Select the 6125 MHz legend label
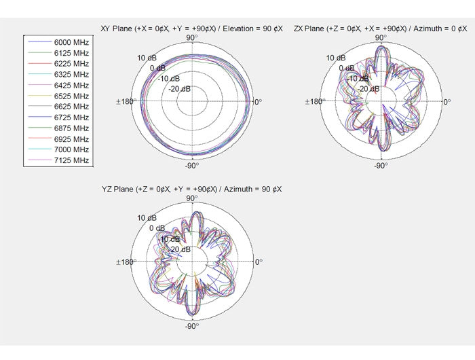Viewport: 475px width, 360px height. click(71, 53)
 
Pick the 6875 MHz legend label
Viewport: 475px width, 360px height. click(71, 128)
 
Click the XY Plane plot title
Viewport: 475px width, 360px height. click(192, 29)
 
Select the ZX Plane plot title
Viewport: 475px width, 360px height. click(381, 29)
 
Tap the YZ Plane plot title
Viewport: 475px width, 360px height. click(192, 190)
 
